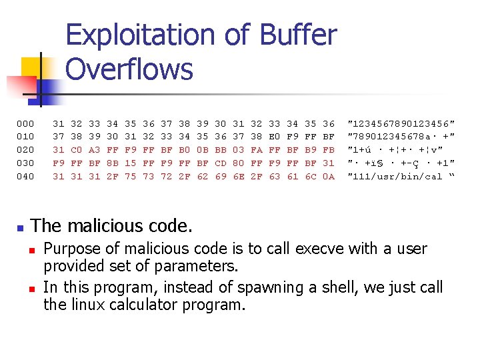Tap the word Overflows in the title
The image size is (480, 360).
click(129, 69)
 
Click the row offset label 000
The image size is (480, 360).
click(25, 123)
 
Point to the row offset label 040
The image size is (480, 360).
click(25, 177)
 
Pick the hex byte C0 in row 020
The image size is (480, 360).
click(77, 150)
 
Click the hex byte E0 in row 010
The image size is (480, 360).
click(275, 137)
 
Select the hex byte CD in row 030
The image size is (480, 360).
click(221, 163)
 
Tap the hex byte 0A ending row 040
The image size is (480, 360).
click(329, 177)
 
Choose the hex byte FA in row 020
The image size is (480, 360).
click(257, 150)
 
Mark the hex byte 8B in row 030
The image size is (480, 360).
click(113, 163)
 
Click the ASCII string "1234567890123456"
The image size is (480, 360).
click(401, 123)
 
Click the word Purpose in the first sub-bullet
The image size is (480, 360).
click(72, 249)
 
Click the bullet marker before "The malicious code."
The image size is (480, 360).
click(21, 227)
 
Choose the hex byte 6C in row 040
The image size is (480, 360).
click(311, 177)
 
